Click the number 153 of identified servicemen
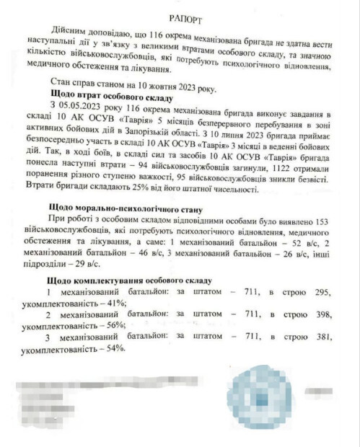point(319,219)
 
